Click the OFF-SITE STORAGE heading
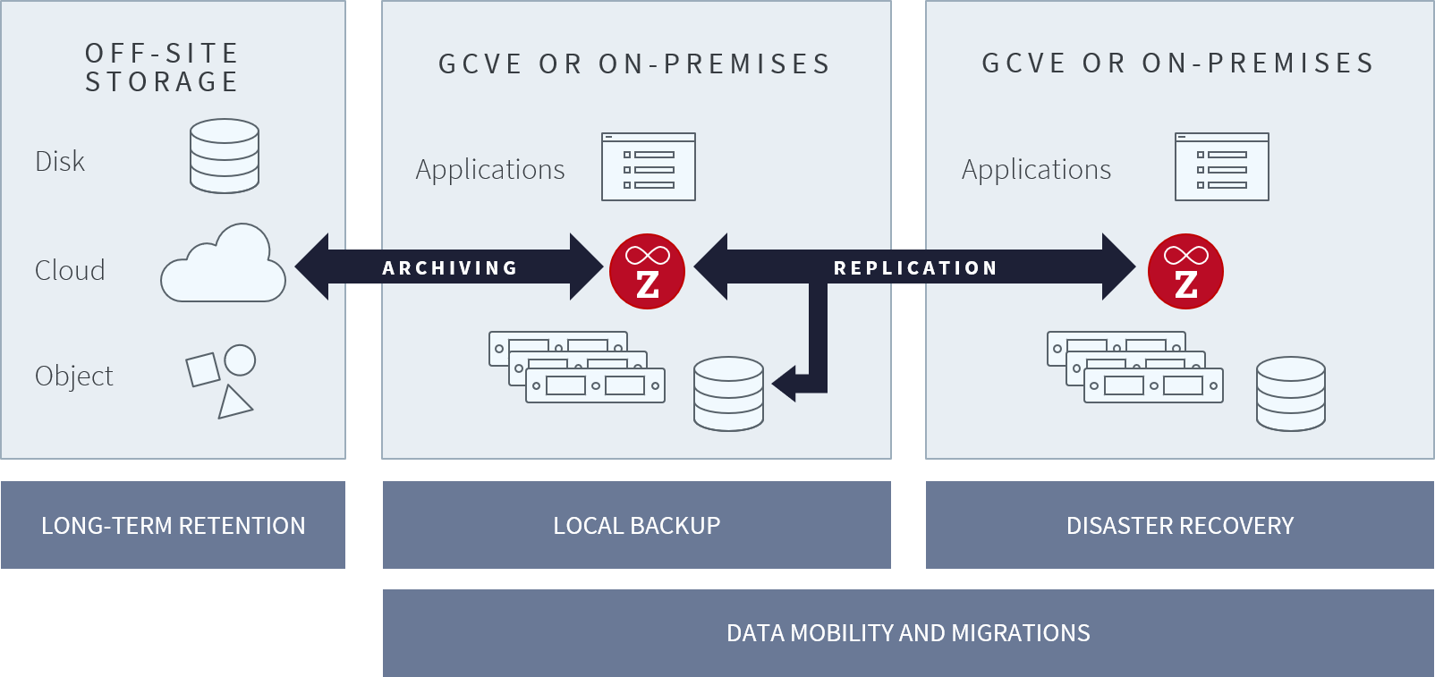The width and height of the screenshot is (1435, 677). pyautogui.click(x=162, y=68)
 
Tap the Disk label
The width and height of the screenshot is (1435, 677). pyautogui.click(x=60, y=162)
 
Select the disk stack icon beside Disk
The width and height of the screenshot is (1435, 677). pyautogui.click(x=225, y=157)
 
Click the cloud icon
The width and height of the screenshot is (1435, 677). pyautogui.click(x=224, y=265)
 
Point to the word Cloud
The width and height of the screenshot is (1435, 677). pyautogui.click(x=70, y=270)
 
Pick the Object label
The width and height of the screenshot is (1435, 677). pyautogui.click(x=74, y=376)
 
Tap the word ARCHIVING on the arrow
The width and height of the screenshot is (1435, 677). pyautogui.click(x=450, y=268)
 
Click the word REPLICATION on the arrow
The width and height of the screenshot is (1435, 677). pyautogui.click(x=915, y=268)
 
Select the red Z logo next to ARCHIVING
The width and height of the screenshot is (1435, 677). pyautogui.click(x=647, y=272)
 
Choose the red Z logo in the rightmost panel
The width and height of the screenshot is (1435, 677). pyautogui.click(x=1185, y=272)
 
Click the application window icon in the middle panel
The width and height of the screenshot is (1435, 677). pyautogui.click(x=649, y=167)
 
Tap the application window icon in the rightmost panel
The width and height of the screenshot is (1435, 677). pyautogui.click(x=1222, y=167)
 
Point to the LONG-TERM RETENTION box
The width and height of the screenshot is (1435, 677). pyautogui.click(x=173, y=525)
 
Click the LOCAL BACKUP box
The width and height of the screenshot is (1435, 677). pyautogui.click(x=636, y=525)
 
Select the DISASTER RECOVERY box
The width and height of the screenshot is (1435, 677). pyautogui.click(x=1180, y=525)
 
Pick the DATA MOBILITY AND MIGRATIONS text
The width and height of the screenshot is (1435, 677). pyautogui.click(x=908, y=633)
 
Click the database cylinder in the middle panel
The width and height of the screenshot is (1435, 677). pyautogui.click(x=729, y=394)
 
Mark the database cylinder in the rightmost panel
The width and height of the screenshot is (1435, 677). pyautogui.click(x=1291, y=394)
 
